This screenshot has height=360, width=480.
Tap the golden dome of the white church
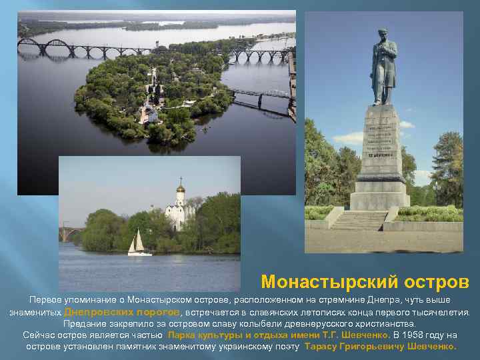pos(180,189)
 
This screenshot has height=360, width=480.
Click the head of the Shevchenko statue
pos(382,35)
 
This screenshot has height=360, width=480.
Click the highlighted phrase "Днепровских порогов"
pos(122,311)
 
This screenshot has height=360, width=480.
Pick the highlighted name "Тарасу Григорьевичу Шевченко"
pos(380,347)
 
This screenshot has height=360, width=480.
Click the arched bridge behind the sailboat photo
pos(70,233)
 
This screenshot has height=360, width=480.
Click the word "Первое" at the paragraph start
pos(44,300)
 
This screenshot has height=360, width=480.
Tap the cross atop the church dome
pos(180,180)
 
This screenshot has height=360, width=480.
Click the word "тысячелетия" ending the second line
pos(443,311)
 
